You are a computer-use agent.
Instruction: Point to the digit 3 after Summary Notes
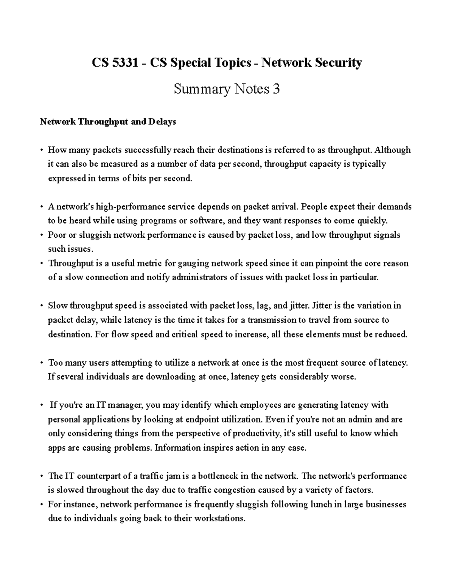point(276,89)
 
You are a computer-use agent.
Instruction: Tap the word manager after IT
point(126,405)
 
